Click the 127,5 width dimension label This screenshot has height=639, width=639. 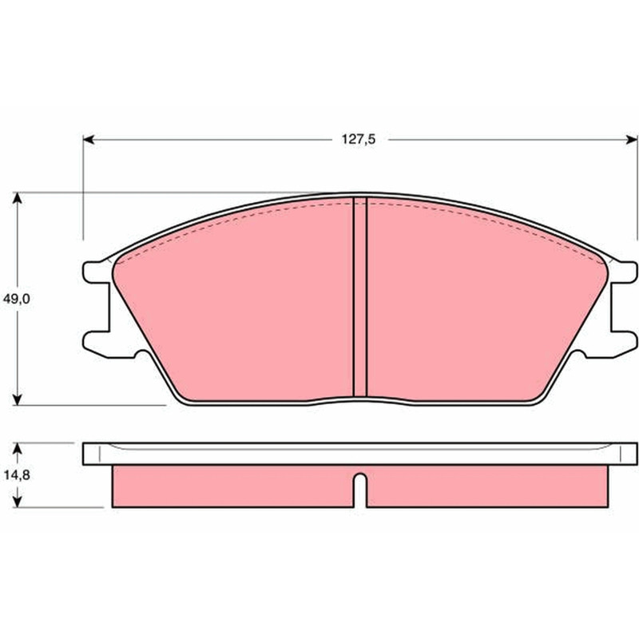358,140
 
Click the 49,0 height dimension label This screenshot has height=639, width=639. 16,299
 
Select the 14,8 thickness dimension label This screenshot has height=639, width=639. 17,474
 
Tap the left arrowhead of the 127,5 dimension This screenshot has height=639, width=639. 89,140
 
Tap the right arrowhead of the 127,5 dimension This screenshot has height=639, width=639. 631,140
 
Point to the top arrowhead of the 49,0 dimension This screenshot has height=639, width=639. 17,197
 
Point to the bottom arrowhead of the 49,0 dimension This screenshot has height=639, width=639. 17,400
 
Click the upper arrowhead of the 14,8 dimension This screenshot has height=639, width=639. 17,448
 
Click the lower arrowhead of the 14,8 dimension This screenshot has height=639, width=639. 17,502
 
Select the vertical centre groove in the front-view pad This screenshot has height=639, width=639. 359,296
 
